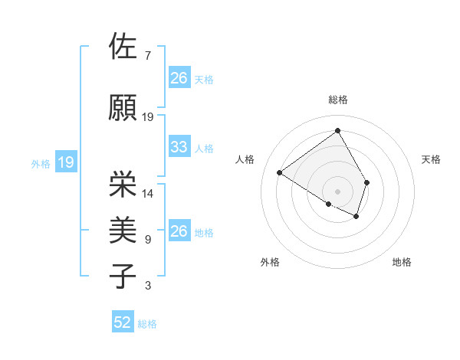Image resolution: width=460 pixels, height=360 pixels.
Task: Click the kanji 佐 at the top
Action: pyautogui.click(x=123, y=47)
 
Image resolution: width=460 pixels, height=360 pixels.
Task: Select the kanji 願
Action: pyautogui.click(x=123, y=108)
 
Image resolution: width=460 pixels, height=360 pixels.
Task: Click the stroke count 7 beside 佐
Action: pyautogui.click(x=147, y=56)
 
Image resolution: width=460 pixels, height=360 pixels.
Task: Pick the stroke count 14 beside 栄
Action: pyautogui.click(x=148, y=194)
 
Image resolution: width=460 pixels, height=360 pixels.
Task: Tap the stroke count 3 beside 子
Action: pyautogui.click(x=147, y=286)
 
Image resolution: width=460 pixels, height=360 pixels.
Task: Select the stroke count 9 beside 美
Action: pyautogui.click(x=147, y=240)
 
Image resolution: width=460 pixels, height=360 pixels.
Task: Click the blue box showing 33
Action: pyautogui.click(x=179, y=147)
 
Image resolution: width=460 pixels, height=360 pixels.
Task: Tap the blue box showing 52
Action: pyautogui.click(x=122, y=322)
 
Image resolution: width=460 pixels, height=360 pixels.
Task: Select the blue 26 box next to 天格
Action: pyautogui.click(x=179, y=78)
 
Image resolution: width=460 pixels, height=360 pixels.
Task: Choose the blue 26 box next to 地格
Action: pyautogui.click(x=179, y=231)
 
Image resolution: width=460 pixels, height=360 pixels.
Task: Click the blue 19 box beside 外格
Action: pyautogui.click(x=66, y=162)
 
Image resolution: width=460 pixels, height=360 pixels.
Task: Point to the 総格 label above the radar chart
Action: pyautogui.click(x=337, y=100)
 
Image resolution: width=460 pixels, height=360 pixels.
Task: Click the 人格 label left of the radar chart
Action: pyautogui.click(x=245, y=159)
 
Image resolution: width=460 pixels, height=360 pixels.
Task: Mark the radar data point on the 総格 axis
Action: pyautogui.click(x=337, y=130)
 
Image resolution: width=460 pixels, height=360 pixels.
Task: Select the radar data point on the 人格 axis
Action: pyautogui.click(x=280, y=172)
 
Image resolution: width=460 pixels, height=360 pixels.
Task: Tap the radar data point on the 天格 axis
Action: pyautogui.click(x=367, y=182)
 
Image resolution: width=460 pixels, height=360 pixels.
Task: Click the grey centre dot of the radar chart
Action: pyautogui.click(x=337, y=191)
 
